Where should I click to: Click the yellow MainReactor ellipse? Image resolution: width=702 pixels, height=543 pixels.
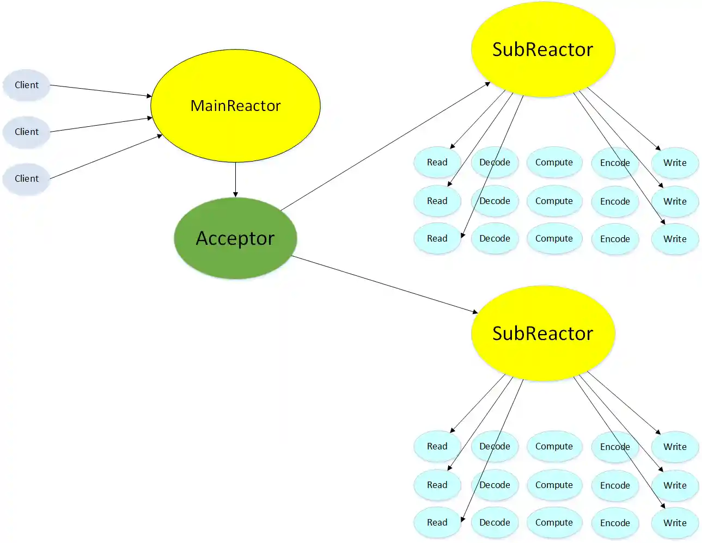click(235, 106)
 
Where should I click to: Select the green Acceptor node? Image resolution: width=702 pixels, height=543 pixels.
click(235, 238)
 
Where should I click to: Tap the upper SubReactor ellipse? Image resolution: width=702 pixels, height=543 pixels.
click(542, 50)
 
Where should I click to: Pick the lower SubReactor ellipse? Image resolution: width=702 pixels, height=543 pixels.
click(542, 333)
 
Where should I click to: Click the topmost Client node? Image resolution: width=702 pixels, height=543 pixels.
click(27, 85)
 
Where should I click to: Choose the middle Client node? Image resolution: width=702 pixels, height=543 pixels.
click(27, 132)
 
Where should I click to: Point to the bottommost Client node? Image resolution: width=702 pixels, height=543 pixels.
click(27, 178)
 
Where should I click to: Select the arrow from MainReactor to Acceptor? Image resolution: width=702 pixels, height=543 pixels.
click(235, 180)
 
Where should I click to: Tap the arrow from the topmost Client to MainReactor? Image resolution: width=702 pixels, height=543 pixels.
click(101, 90)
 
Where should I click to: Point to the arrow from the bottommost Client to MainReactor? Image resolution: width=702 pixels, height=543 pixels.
click(106, 157)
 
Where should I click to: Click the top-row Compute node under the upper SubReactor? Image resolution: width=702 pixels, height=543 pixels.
click(554, 162)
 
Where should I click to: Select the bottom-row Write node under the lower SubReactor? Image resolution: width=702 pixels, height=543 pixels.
click(675, 523)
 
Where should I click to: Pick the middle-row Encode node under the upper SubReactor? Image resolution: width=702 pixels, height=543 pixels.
click(615, 201)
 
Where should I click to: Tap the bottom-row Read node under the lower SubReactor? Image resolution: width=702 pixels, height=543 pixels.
click(437, 522)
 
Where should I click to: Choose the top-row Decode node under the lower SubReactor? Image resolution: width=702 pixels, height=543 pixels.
click(495, 446)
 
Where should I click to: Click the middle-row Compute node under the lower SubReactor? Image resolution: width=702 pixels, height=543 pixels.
click(554, 485)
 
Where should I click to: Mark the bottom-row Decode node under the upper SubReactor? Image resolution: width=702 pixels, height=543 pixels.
click(495, 238)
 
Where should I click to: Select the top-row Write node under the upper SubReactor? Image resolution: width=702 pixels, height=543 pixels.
click(675, 163)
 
